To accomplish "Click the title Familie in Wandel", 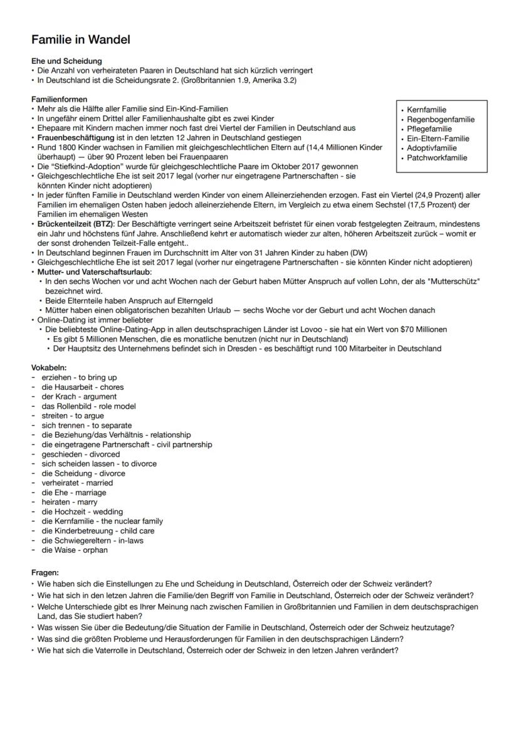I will [81, 39].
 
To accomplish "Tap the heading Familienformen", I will [60, 99].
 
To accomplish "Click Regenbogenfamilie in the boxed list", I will [441, 119].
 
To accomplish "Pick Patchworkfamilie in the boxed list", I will [437, 157].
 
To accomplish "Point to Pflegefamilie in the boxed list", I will [429, 128].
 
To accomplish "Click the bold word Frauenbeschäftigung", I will [76, 137].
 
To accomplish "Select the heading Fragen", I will [45, 572].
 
